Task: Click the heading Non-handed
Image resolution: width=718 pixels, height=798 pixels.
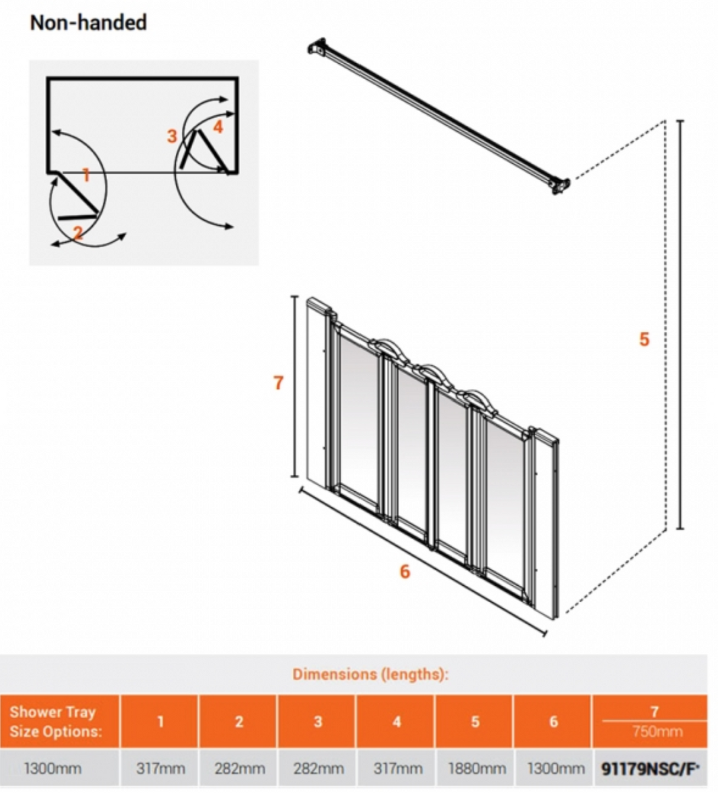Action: pos(88,22)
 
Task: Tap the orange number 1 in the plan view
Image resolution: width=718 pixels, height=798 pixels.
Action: pos(86,175)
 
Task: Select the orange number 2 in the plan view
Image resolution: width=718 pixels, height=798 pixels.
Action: pos(78,232)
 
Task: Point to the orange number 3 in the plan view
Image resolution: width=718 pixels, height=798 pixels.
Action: pos(172,137)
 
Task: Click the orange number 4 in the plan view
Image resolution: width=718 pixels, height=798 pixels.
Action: pos(218,127)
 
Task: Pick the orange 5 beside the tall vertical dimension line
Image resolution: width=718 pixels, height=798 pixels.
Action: pos(644,339)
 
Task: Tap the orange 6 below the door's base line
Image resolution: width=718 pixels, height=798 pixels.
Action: pos(405,571)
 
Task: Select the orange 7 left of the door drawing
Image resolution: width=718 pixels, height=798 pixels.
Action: pos(279,383)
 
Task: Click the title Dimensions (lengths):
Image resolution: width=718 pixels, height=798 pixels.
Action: pos(370,674)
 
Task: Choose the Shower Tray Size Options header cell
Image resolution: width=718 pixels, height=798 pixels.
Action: pos(56,721)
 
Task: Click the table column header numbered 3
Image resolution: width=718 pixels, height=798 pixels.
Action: pos(318,721)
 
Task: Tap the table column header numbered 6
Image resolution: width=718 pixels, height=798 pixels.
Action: pos(553,721)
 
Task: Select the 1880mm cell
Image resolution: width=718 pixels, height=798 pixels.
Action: pos(477,768)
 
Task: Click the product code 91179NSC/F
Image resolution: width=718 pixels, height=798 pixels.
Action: pos(650,768)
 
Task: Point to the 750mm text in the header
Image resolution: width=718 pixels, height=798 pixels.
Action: pos(657,732)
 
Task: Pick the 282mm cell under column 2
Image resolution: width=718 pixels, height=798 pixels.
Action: pos(240,768)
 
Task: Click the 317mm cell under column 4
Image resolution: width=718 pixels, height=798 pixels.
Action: pos(397,768)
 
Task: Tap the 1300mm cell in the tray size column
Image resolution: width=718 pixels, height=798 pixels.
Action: pos(53,768)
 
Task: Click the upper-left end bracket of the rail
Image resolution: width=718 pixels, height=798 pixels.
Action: pos(318,47)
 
